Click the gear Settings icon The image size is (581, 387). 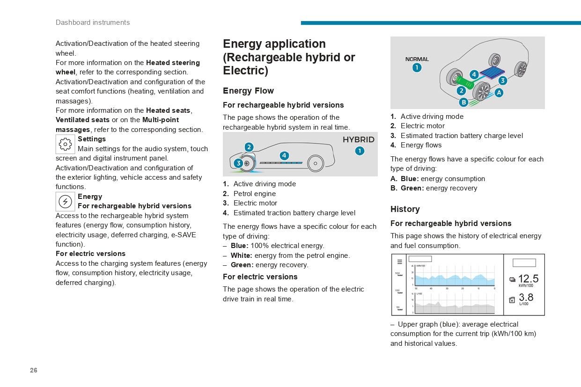[x=65, y=144]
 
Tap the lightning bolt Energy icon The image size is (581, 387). [x=65, y=201]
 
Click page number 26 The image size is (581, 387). [x=34, y=370]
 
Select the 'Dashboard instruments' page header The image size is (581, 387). [x=93, y=22]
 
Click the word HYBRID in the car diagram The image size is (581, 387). [x=359, y=140]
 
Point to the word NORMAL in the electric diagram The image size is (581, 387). [x=417, y=59]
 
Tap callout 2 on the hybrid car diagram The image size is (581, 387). [x=249, y=147]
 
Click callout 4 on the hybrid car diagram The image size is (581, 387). [x=284, y=155]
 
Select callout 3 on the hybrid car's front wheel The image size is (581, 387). [x=238, y=163]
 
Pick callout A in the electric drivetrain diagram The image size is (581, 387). [x=499, y=93]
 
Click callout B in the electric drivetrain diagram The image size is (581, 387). [x=463, y=102]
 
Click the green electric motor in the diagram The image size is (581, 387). [x=465, y=82]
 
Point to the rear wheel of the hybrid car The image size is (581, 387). [x=316, y=163]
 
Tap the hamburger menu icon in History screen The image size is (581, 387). [x=400, y=262]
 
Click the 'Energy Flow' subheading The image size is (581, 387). [x=248, y=91]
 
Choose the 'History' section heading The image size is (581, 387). [x=405, y=209]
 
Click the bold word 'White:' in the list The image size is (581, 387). [x=242, y=256]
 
